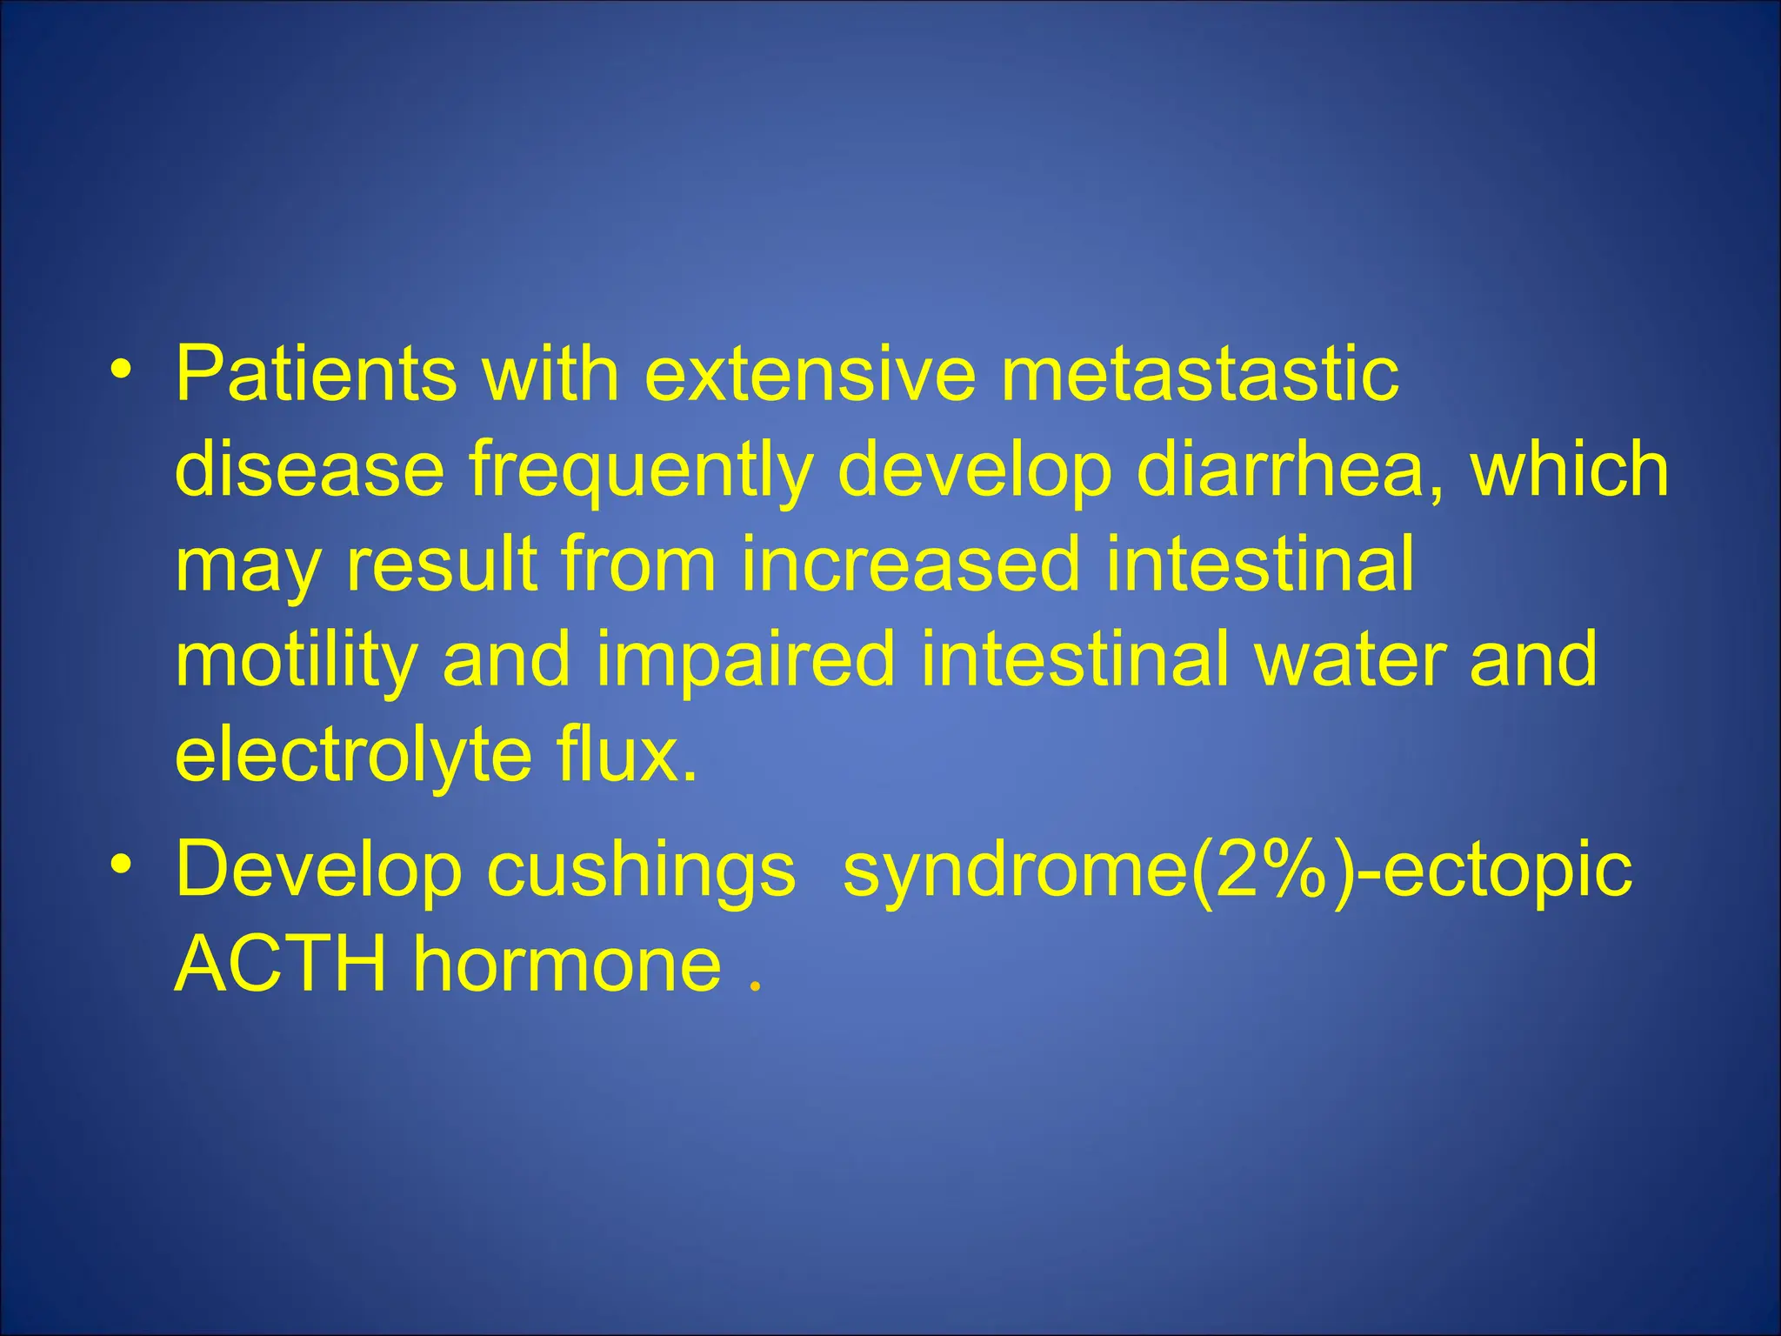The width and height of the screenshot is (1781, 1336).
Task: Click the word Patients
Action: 316,374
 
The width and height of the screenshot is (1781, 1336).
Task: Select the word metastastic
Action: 1200,374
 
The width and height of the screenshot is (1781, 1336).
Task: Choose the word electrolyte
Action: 352,755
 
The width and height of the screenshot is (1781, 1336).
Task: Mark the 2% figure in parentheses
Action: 1274,870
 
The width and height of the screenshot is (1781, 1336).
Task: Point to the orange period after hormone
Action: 754,986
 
